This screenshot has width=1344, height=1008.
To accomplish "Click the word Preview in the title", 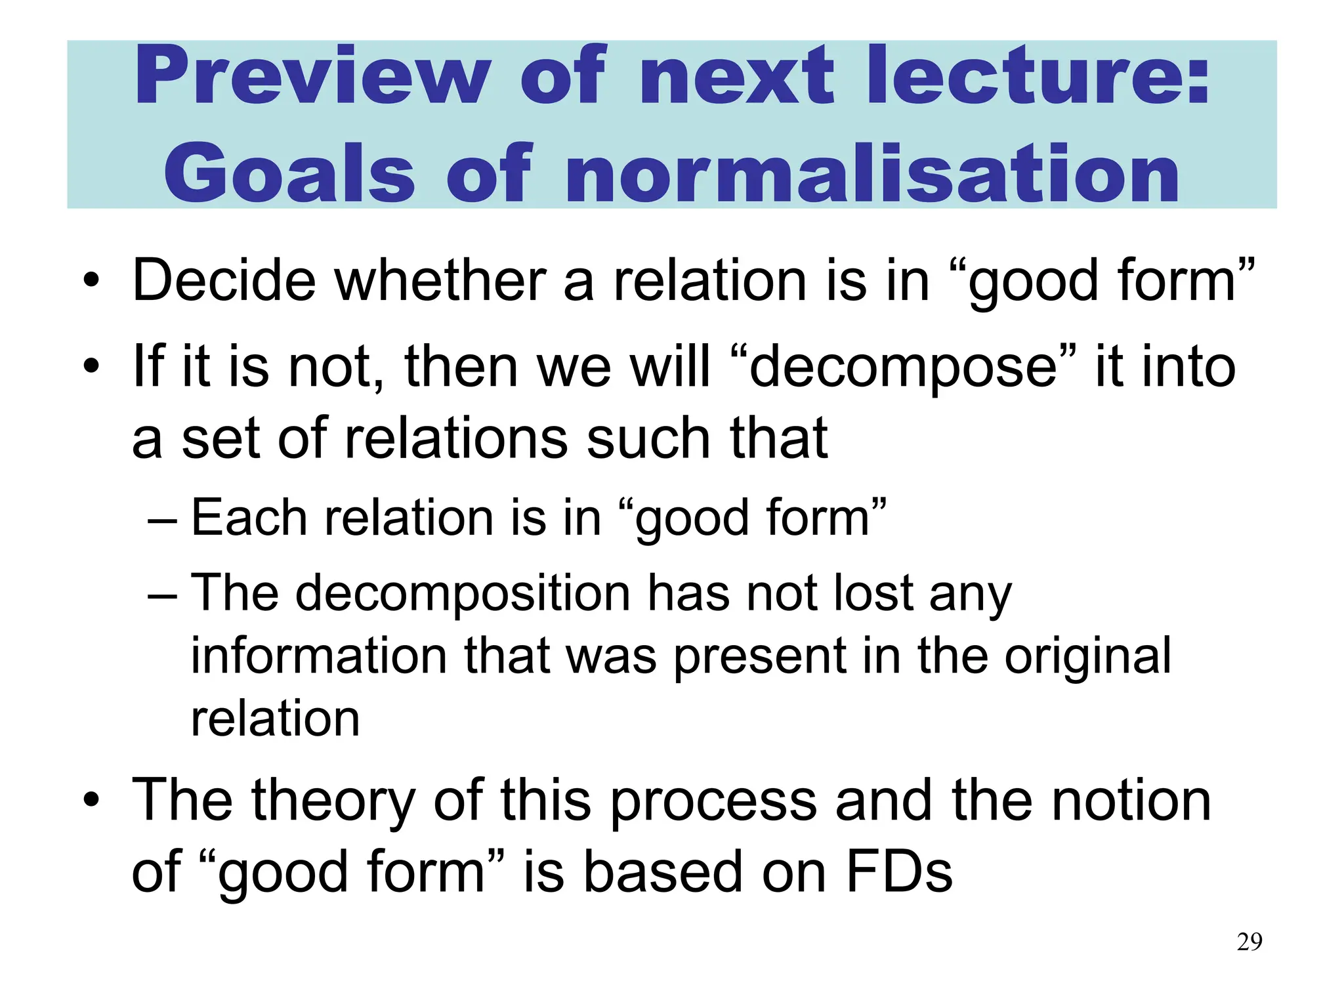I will pos(312,75).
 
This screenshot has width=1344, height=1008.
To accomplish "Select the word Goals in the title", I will pos(289,174).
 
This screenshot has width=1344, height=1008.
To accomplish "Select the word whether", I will pos(440,281).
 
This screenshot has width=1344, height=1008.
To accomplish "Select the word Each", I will pos(249,518).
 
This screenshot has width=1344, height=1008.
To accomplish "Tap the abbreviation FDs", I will pos(899,872).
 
